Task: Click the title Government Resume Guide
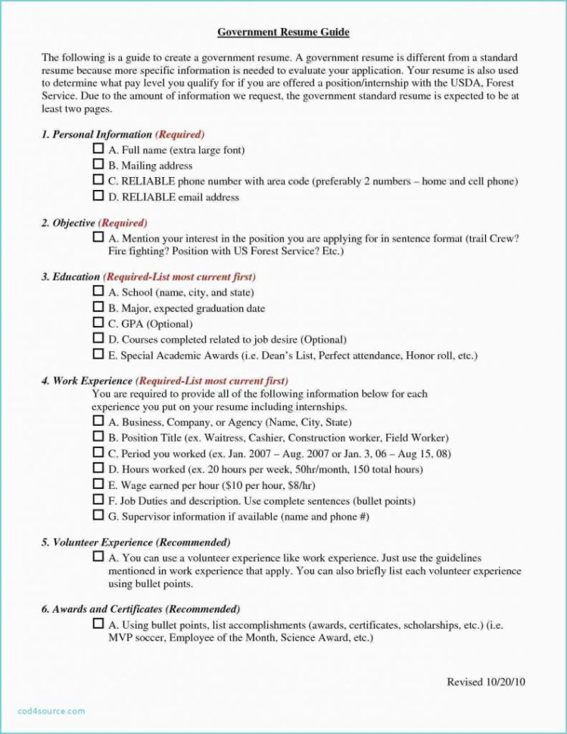tap(283, 33)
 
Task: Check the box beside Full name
tap(98, 149)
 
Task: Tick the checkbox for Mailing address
tap(98, 164)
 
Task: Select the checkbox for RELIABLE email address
tap(98, 195)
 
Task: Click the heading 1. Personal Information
tap(97, 134)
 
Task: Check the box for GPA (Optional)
tap(98, 323)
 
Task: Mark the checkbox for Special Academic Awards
tap(98, 354)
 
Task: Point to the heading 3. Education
tap(70, 277)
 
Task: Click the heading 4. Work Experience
tap(87, 381)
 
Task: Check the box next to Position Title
tap(98, 437)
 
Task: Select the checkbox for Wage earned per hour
tap(98, 484)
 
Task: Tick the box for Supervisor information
tap(98, 515)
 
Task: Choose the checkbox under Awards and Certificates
tap(98, 624)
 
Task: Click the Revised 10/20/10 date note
tap(485, 682)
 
